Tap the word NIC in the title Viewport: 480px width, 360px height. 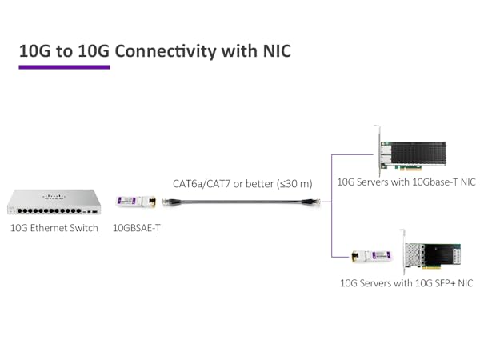[271, 51]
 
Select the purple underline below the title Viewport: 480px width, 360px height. [64, 67]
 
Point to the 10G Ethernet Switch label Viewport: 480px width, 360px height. [54, 228]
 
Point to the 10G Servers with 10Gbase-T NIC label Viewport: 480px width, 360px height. [406, 182]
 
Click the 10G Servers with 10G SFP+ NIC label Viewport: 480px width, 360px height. [406, 283]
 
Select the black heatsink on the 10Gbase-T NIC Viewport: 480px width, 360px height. [421, 148]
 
